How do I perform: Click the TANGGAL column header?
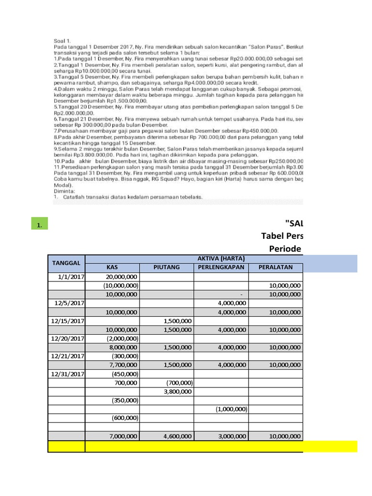66,263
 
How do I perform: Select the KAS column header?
112,267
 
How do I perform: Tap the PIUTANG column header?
167,267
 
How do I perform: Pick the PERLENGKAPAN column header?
221,267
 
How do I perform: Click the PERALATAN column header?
276,267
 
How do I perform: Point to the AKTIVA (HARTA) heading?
221,258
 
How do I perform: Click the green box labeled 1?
38,224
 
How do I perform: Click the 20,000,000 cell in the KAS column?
122,277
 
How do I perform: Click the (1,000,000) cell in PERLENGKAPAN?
231,409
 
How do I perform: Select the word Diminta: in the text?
62,191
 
